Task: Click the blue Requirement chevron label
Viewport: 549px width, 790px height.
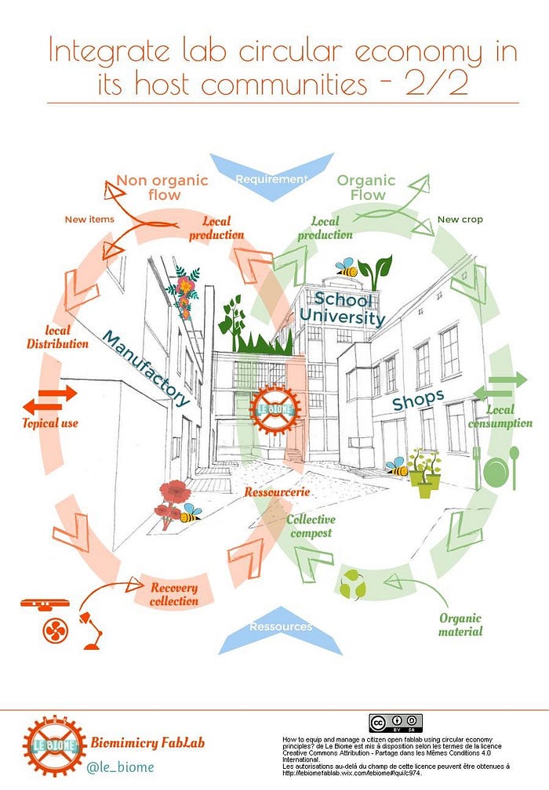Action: pyautogui.click(x=272, y=179)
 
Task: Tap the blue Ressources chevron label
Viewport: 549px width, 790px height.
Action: pyautogui.click(x=280, y=626)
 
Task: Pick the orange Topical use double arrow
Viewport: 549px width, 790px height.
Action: pyautogui.click(x=50, y=400)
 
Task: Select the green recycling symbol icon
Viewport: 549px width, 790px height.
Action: pyautogui.click(x=351, y=584)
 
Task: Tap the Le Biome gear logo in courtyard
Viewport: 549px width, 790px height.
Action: pyautogui.click(x=274, y=408)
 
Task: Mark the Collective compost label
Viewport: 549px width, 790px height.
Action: pyautogui.click(x=311, y=526)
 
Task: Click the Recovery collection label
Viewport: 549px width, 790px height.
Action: pyautogui.click(x=174, y=594)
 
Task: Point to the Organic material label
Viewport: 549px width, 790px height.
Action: pyautogui.click(x=460, y=625)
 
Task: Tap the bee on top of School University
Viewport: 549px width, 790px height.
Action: pyautogui.click(x=346, y=268)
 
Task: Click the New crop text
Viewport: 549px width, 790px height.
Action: pyautogui.click(x=460, y=219)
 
